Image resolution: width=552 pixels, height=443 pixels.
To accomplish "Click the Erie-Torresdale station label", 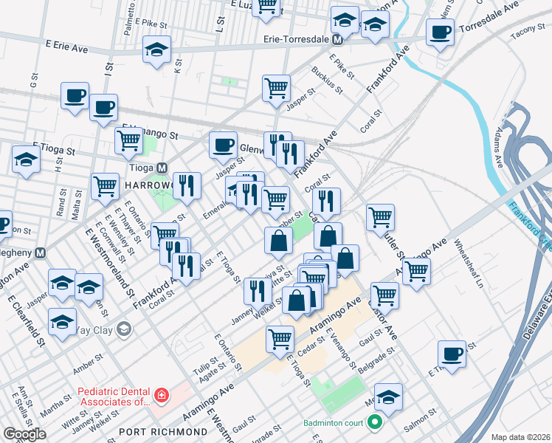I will pyautogui.click(x=295, y=38).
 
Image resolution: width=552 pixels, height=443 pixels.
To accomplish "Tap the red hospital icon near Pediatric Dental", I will pyautogui.click(x=162, y=396).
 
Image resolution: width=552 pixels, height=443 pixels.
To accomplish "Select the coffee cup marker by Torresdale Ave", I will pyautogui.click(x=441, y=32).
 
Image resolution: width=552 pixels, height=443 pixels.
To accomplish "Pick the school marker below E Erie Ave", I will pyautogui.click(x=156, y=50).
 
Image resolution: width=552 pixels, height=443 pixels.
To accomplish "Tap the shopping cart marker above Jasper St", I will pyautogui.click(x=276, y=88).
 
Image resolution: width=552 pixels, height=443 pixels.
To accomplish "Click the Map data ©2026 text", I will pyautogui.click(x=520, y=437).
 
